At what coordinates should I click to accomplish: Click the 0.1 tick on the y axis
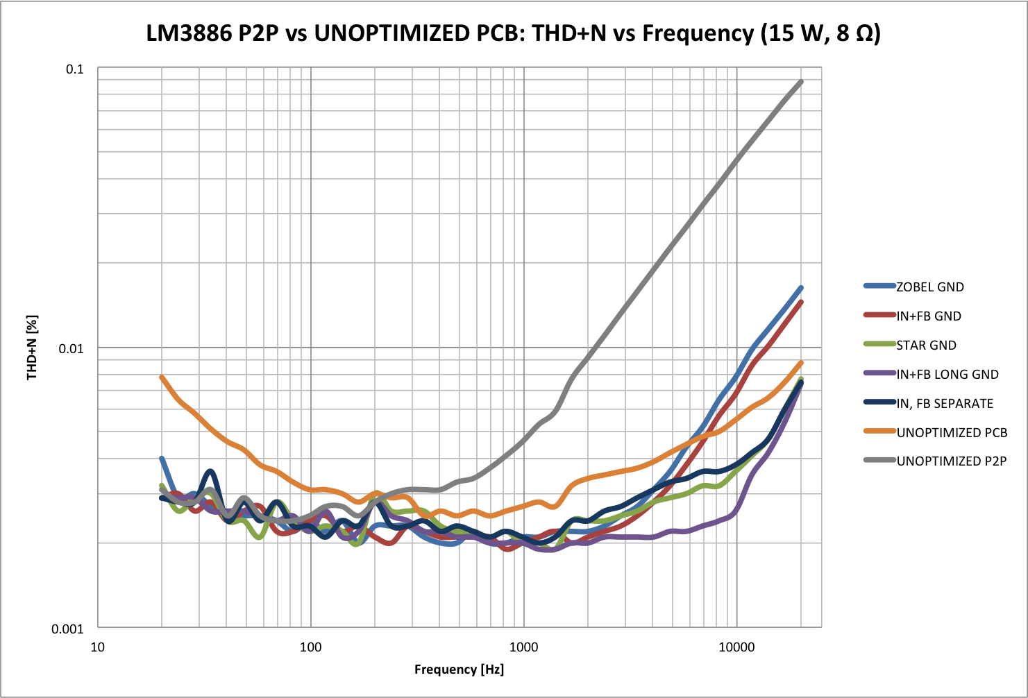[x=74, y=69]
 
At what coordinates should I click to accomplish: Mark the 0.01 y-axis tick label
[x=71, y=348]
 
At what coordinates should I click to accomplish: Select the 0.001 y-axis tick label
[x=68, y=629]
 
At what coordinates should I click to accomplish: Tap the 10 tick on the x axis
[x=98, y=647]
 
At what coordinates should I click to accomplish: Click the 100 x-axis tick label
[x=310, y=647]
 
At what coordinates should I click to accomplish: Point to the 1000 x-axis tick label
[x=523, y=647]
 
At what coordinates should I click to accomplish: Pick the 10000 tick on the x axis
[x=736, y=647]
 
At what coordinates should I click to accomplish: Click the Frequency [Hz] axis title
[x=459, y=670]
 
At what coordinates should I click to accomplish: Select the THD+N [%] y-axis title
[x=32, y=348]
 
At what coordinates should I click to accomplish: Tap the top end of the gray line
[x=802, y=82]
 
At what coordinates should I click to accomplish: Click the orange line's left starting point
[x=162, y=377]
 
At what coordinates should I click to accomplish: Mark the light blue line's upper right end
[x=802, y=287]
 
